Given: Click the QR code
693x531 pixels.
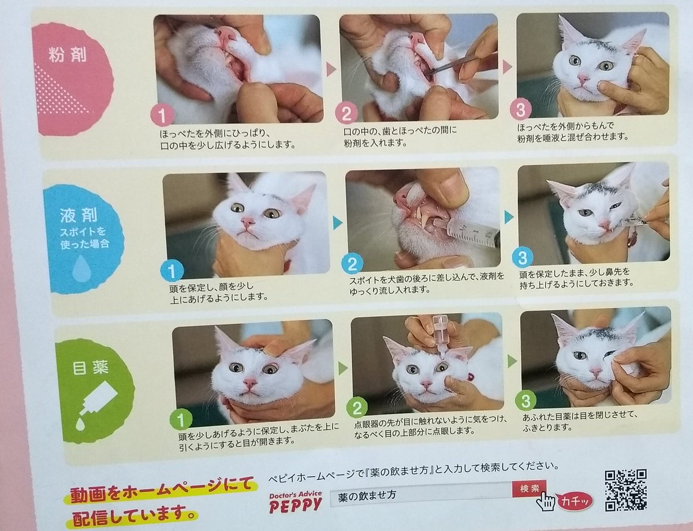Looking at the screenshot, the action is pos(625,490).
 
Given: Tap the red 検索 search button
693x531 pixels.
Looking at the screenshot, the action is pos(529,489).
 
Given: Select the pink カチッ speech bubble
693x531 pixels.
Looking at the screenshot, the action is pos(575,502).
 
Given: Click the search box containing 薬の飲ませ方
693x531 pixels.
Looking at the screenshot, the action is pos(421,494).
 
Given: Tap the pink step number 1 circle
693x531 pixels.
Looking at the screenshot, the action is pos(162,115).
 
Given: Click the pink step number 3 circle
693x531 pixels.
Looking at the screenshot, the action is pos(520,110).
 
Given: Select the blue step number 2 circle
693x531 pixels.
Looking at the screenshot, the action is pos(352,264).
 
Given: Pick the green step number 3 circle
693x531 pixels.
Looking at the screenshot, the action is pos(526,401).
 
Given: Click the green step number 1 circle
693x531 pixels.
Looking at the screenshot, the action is pos(181,420).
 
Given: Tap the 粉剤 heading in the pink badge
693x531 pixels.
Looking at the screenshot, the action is pos(68,55).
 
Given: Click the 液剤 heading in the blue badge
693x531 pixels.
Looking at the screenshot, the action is pos(79,215).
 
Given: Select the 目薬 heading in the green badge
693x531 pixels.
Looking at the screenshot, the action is pos(91,368).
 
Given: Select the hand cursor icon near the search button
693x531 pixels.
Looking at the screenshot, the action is pos(545,502).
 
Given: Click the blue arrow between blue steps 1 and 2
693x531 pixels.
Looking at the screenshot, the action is pos(337,222).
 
